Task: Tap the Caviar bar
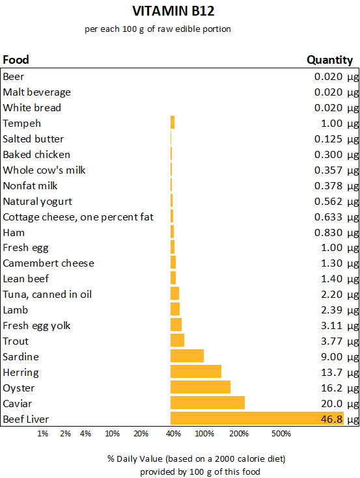(207, 403)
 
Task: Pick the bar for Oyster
(200, 388)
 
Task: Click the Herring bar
(195, 372)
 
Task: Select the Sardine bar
(187, 356)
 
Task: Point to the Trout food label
(16, 341)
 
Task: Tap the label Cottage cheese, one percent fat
(78, 217)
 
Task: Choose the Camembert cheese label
(48, 263)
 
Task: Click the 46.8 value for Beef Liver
(331, 419)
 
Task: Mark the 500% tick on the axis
(281, 434)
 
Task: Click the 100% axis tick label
(204, 434)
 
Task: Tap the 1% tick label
(42, 434)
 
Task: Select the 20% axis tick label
(141, 434)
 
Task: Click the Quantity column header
(329, 60)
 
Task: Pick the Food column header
(16, 60)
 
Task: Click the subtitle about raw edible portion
(158, 29)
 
